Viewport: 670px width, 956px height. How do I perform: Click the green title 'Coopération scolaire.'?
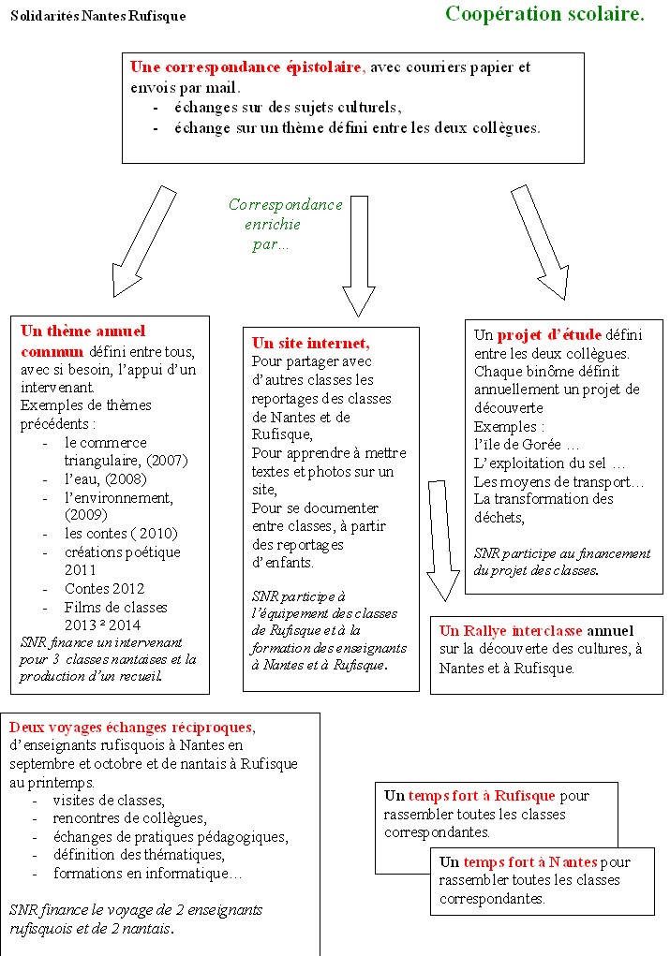coord(543,14)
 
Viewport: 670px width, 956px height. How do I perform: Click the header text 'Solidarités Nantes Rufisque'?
coord(98,16)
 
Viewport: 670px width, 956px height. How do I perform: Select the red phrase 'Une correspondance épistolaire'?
coord(246,67)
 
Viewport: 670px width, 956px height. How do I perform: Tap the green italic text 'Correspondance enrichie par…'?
coord(285,225)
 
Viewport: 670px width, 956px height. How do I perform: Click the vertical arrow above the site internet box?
coord(358,255)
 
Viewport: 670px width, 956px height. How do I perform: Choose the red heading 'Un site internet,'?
coord(311,343)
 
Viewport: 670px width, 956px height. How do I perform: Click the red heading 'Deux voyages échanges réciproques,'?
coord(131,728)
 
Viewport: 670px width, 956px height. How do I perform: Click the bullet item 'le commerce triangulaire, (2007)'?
coord(126,451)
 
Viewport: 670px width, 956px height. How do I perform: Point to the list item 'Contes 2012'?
coord(104,589)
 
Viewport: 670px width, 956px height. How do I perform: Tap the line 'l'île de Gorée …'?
coord(527,445)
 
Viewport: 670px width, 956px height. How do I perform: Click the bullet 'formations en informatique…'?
coord(147,874)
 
